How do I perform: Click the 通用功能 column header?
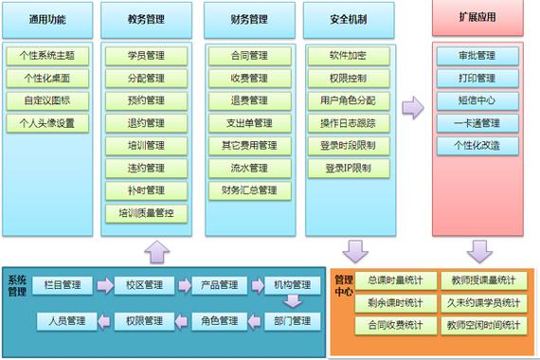pos(47,19)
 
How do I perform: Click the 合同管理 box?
pos(248,55)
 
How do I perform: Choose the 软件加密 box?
pos(349,55)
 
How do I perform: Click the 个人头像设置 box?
pos(47,123)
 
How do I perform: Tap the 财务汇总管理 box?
pos(248,191)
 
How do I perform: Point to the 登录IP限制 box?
pos(349,169)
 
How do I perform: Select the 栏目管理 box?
pos(63,284)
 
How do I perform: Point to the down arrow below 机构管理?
pos(292,302)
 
